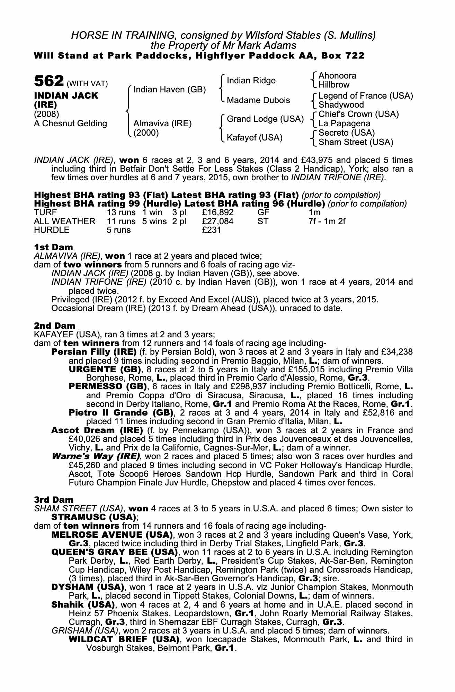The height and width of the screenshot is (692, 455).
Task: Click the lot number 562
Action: click(48, 82)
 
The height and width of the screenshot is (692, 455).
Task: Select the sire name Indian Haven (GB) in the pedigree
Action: click(170, 90)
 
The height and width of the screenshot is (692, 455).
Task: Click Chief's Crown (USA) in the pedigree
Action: click(358, 114)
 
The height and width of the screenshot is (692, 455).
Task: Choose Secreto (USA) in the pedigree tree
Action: click(347, 133)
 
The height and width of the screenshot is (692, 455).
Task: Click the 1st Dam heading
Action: click(54, 247)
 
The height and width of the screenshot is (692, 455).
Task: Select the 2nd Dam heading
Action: click(55, 326)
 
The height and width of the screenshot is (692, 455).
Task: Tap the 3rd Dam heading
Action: click(54, 500)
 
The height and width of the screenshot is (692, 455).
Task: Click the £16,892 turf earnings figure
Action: click(218, 212)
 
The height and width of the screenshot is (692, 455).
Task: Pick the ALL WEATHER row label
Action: click(64, 221)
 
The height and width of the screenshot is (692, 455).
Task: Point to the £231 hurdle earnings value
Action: click(212, 230)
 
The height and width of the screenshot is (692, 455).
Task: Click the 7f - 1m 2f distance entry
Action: click(327, 221)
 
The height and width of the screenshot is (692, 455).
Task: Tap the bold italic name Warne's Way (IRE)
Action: click(95, 456)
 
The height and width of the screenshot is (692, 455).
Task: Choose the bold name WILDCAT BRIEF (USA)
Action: click(124, 639)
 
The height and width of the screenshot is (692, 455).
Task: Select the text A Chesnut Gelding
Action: click(70, 124)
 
